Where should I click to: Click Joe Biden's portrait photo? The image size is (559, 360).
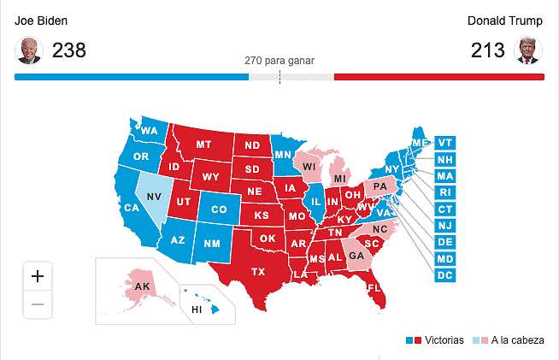click(29, 51)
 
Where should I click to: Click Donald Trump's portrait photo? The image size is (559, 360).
click(530, 51)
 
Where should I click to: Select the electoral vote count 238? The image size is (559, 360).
click(69, 51)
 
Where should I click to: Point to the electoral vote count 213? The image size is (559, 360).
click(488, 51)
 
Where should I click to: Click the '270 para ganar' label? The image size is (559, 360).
click(279, 62)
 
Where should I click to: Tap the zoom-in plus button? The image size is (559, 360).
click(38, 276)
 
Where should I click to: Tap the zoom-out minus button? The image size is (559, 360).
click(38, 304)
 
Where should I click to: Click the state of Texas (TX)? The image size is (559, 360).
click(257, 272)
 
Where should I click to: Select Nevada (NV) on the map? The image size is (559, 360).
click(154, 196)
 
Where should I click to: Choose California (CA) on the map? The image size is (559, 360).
click(132, 208)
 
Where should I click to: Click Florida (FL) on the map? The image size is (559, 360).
click(374, 288)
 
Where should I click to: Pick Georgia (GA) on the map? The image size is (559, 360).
click(356, 255)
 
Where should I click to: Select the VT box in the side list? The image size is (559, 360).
click(444, 143)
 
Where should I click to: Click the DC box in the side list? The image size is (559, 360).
click(444, 275)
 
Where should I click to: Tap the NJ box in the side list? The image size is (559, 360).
click(444, 226)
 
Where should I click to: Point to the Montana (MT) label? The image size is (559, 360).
click(203, 145)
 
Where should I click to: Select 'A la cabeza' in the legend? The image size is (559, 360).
click(517, 340)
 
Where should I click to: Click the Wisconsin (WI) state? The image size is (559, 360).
click(309, 166)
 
